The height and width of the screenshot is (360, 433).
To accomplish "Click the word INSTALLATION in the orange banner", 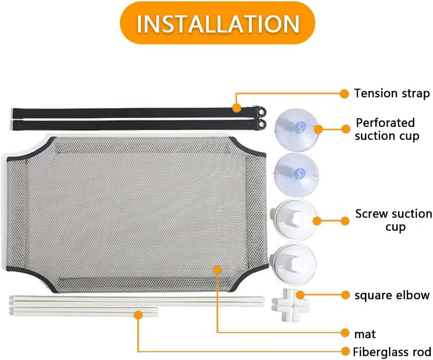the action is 218,24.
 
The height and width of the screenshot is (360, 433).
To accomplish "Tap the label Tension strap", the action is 392,94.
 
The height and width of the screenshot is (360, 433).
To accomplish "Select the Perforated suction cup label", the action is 386,129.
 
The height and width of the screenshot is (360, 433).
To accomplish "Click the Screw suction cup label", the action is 394,220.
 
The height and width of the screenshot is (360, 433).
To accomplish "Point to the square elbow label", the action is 392,296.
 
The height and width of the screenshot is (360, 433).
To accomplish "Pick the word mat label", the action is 365,334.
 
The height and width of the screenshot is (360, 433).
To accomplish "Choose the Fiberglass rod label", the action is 392,351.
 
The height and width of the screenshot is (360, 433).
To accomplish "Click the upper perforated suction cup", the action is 296,130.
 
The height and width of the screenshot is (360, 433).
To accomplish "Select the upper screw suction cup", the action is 293,220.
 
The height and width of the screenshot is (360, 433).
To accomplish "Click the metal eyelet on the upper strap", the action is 261,112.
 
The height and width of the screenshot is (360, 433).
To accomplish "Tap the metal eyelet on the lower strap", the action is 261,124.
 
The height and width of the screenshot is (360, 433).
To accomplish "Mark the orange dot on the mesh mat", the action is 217,270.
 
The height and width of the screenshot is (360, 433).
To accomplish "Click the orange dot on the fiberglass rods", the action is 138,315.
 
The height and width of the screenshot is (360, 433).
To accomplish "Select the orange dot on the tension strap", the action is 236,107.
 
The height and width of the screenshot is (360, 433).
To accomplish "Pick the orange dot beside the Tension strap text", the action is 344,94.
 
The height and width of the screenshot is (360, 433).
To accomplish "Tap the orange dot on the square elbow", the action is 301,295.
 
